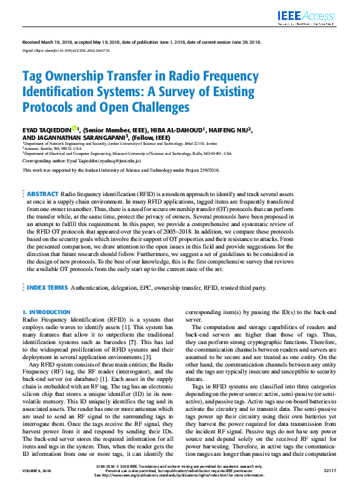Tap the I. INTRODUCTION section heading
point(46,312)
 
